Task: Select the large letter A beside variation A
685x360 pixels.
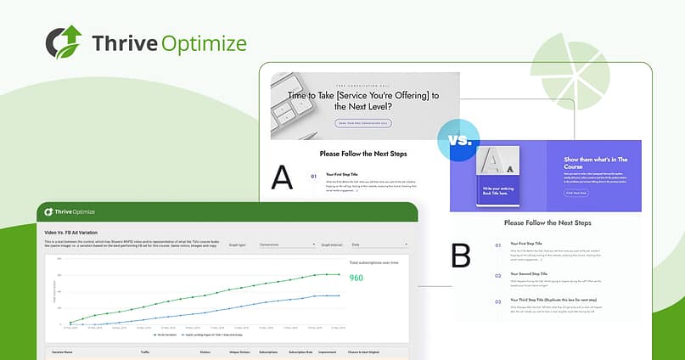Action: [283, 177]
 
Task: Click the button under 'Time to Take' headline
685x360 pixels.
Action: [363, 123]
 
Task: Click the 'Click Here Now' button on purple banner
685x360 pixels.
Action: [576, 193]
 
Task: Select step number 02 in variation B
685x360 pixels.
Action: [497, 275]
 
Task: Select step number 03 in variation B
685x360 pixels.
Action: [497, 301]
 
